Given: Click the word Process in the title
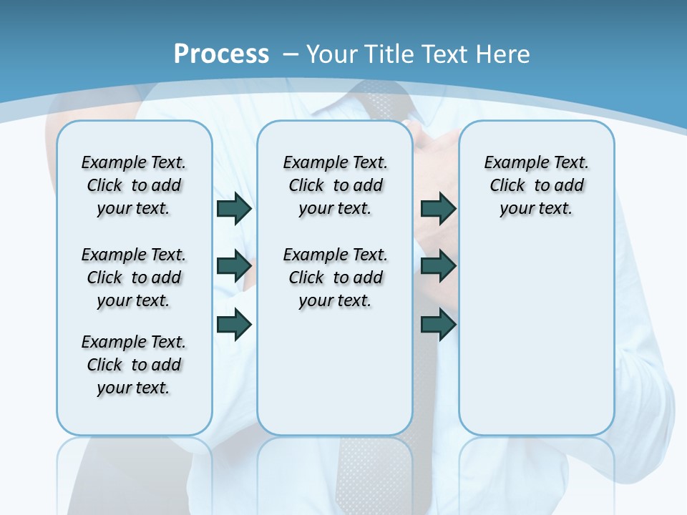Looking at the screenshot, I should coord(221,54).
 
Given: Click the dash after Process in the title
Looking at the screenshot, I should coord(291,54).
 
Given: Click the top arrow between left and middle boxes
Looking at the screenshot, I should coord(234,208).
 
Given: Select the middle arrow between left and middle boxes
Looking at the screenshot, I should coord(234,266).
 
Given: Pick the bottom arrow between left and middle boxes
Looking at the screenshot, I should coord(234,324).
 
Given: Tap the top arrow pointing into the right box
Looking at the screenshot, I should coord(438,208).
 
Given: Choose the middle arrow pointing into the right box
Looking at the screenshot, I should coord(438,266).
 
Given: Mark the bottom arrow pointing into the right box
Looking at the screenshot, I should coord(438,324).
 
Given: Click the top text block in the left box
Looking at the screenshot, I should coord(134,185).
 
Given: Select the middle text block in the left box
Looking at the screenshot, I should coord(134,278).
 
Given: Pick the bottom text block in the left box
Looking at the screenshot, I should coord(134,365).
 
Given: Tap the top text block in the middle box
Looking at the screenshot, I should coord(336,185).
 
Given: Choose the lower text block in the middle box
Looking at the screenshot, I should coord(336,278).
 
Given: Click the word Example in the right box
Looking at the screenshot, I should coord(510,162).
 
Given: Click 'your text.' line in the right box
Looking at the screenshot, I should coord(536,208).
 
